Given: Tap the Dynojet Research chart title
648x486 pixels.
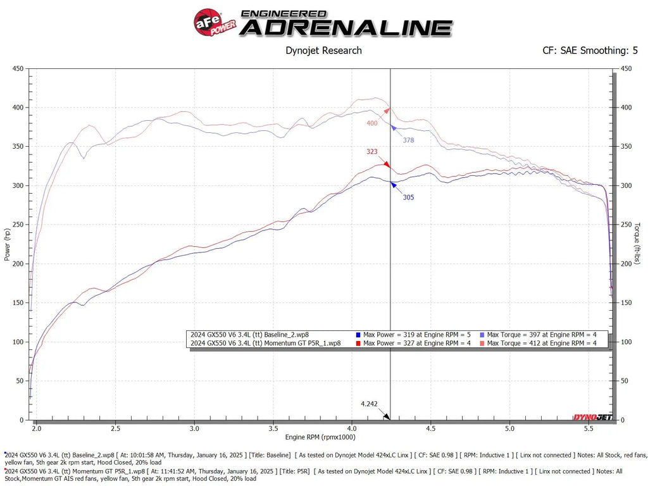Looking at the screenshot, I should click(x=324, y=51).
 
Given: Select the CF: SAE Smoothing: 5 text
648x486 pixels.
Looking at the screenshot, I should click(x=590, y=51).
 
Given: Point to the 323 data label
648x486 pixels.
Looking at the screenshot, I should click(x=373, y=152).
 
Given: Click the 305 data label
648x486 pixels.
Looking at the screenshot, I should click(x=408, y=197).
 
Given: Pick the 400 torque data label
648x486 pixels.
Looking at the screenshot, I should click(x=371, y=123).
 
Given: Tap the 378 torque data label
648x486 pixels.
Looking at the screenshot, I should click(x=408, y=140).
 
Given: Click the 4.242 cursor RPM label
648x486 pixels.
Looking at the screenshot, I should click(x=369, y=403).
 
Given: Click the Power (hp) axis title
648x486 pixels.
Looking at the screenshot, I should click(x=8, y=244).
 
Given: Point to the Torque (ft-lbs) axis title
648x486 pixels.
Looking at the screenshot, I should click(x=637, y=244).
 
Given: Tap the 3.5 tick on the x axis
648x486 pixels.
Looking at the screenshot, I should click(x=273, y=428).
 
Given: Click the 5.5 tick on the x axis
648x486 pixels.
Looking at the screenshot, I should click(x=589, y=428).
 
